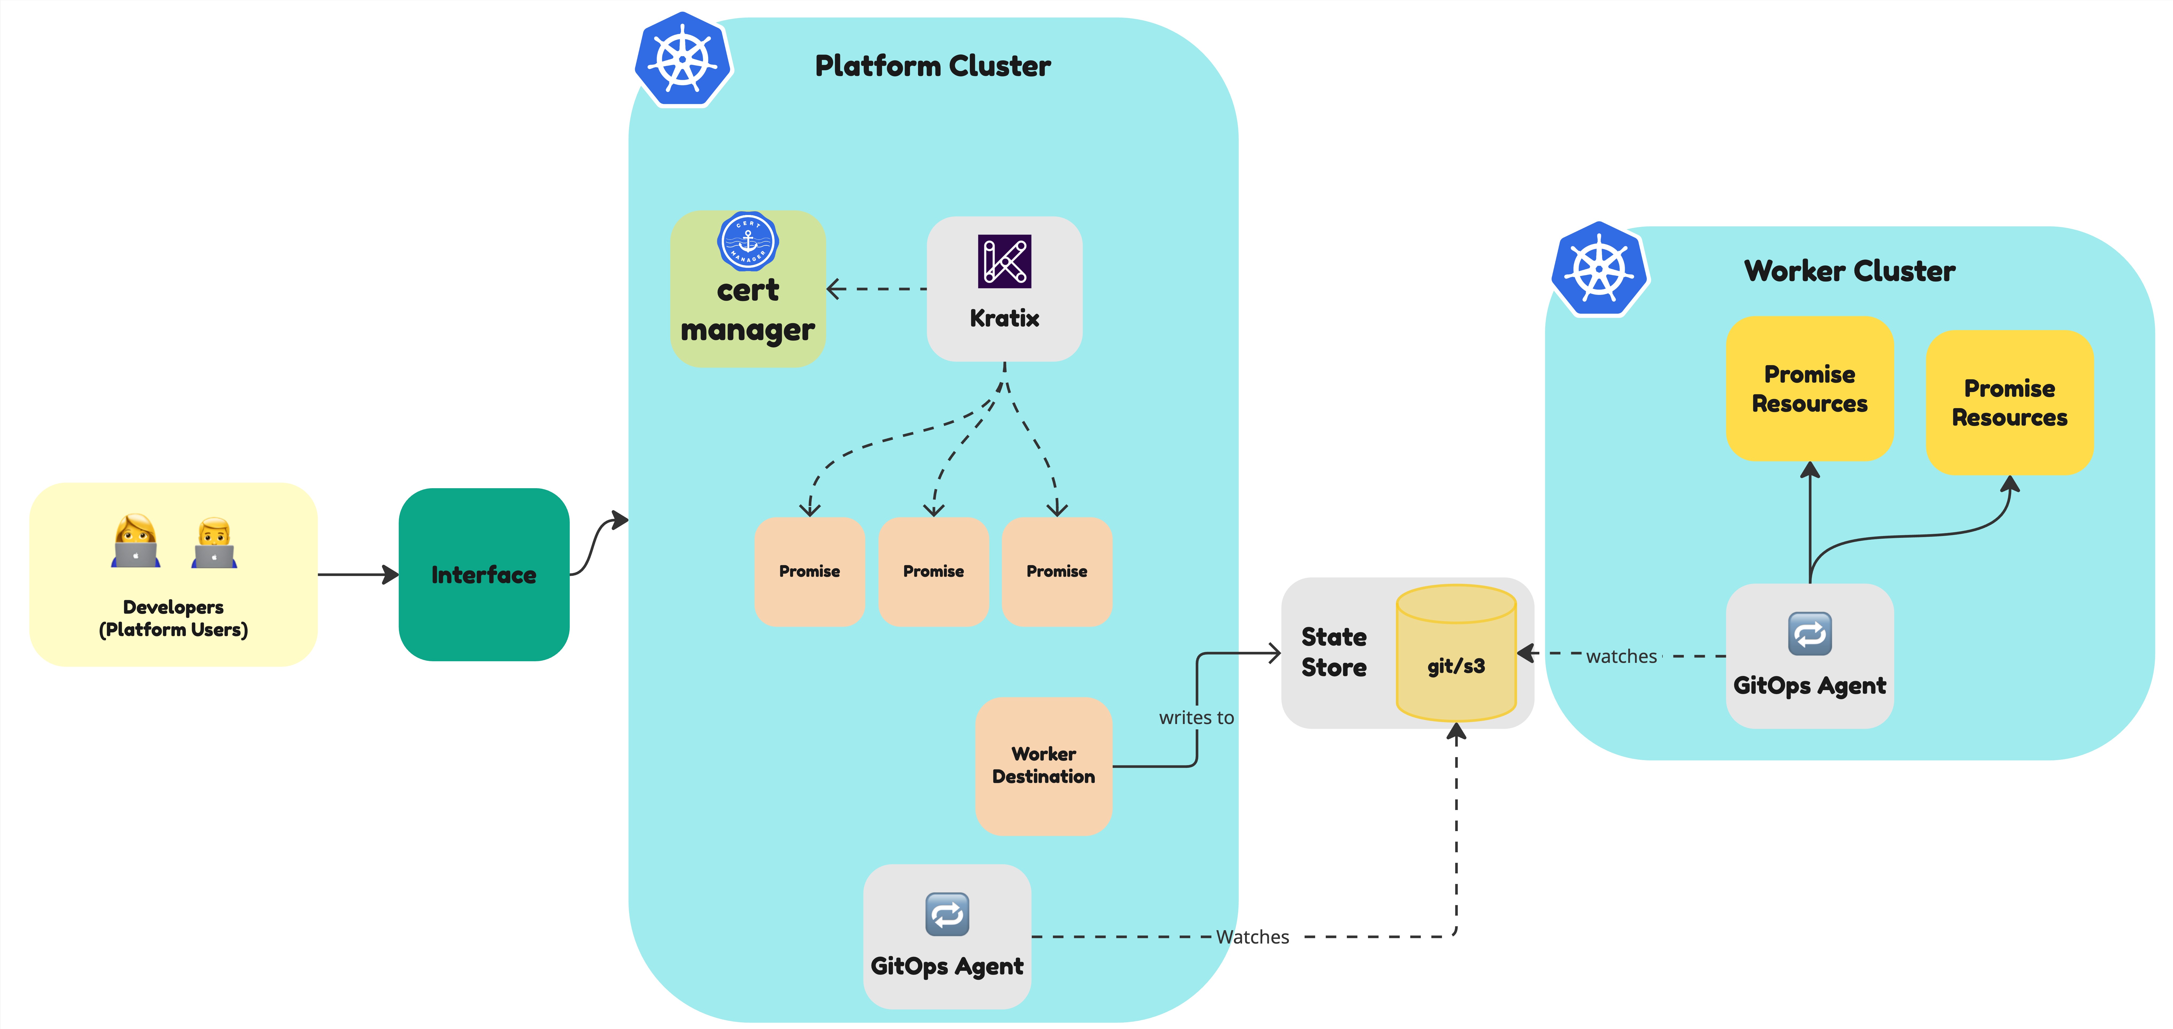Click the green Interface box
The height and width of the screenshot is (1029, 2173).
483,574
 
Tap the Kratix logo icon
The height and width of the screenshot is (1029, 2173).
1004,261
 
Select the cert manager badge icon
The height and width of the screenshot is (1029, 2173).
747,240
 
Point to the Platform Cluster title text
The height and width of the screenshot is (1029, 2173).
932,66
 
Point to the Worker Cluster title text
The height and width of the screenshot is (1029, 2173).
1849,271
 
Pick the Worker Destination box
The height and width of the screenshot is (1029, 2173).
1044,765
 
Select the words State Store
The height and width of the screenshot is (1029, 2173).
1334,652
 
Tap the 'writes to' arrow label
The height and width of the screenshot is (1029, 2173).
1196,718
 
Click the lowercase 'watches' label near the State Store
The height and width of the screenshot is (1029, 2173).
1621,656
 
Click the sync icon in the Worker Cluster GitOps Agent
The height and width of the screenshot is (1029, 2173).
1809,633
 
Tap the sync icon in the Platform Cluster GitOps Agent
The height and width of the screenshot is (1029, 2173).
947,914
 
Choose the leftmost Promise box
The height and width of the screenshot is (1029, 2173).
809,571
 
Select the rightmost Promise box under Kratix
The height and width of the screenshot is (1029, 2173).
1056,571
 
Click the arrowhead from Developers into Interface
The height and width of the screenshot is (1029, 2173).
391,574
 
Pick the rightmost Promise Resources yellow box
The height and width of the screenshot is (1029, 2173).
2009,402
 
